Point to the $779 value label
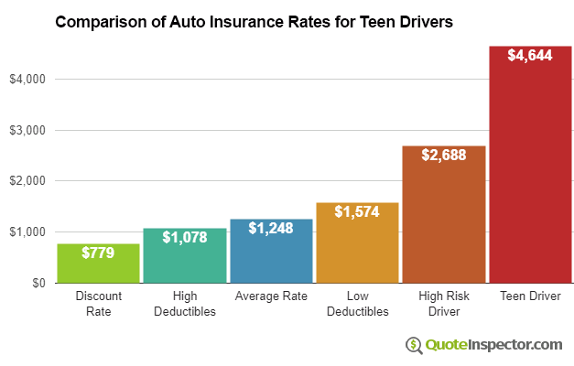(x=98, y=252)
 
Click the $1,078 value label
(x=184, y=237)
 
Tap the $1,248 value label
(x=271, y=228)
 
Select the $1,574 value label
(x=357, y=212)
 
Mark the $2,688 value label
(x=444, y=155)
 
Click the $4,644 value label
(x=530, y=55)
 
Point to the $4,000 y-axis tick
(x=27, y=80)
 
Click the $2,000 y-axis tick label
(x=27, y=181)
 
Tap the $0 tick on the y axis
(x=38, y=283)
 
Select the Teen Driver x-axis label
(x=530, y=296)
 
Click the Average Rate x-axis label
(x=271, y=296)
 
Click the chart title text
(x=254, y=21)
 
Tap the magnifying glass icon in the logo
(x=414, y=345)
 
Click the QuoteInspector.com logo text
(x=494, y=344)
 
